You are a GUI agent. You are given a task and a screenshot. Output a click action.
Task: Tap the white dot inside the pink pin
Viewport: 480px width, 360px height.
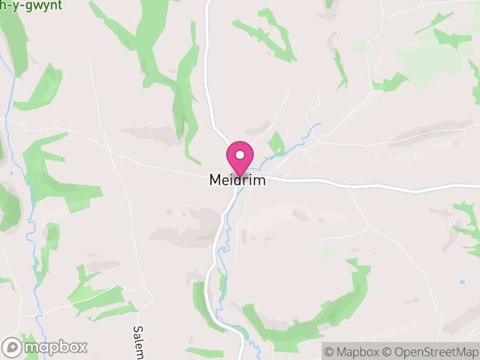pos(239,155)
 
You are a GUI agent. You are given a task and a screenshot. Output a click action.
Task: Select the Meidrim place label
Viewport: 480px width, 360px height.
pos(237,180)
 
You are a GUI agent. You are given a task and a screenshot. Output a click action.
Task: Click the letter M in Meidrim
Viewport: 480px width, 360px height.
pos(214,180)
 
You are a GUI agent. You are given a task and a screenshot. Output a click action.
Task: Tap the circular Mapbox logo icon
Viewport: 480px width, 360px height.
pos(12,347)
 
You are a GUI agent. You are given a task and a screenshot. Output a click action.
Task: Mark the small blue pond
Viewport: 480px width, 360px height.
pos(462,281)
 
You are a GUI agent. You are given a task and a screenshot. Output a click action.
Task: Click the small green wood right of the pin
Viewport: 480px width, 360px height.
pos(277,144)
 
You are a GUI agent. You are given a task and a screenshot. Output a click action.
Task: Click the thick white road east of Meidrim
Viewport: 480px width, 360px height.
pos(360,186)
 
